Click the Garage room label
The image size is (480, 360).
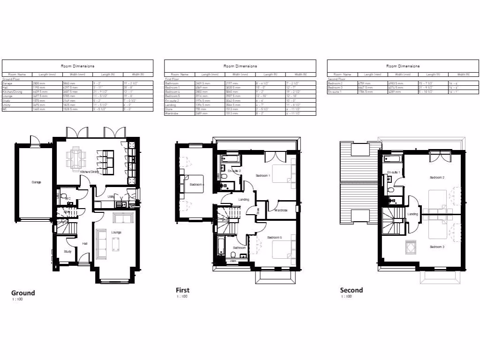[x=36, y=182]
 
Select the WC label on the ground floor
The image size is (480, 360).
[x=68, y=198]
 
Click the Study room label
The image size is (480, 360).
[x=68, y=252]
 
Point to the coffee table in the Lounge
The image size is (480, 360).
[x=116, y=245]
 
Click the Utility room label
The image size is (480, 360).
[x=111, y=196]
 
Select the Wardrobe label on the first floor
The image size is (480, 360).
[x=281, y=210]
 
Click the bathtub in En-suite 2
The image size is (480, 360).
[x=229, y=160]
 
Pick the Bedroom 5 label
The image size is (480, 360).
[x=275, y=238]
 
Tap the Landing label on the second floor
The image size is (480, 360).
[x=412, y=214]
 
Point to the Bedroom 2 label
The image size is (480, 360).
[x=437, y=178]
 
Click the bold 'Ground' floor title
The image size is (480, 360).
[x=23, y=292]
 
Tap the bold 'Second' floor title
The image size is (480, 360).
[x=352, y=290]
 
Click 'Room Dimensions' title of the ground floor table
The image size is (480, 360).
[x=77, y=66]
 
